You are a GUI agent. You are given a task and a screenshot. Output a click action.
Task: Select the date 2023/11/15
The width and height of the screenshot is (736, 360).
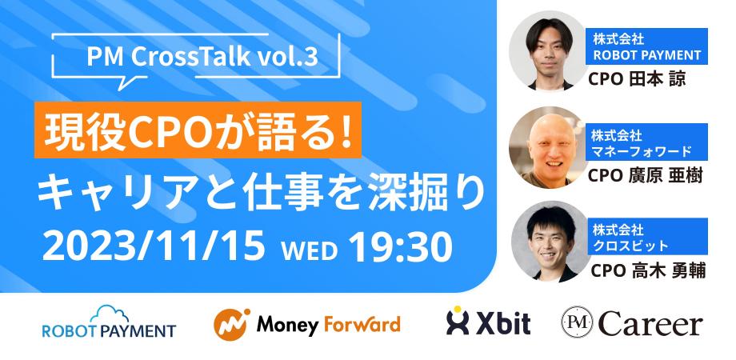tap(152, 246)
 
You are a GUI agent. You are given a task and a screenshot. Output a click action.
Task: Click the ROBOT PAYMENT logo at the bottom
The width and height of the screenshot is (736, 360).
tap(108, 329)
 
